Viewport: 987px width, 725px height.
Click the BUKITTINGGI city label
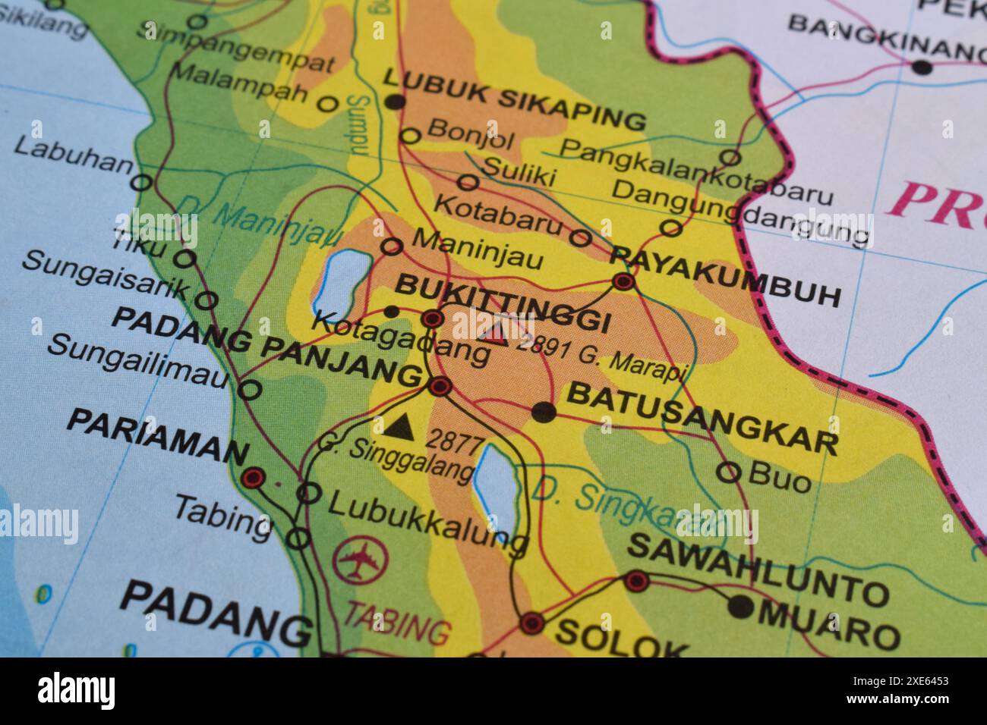click(503, 303)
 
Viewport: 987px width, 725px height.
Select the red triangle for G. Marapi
click(495, 334)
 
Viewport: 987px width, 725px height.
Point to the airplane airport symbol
click(360, 562)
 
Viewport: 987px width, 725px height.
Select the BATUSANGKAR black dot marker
click(544, 412)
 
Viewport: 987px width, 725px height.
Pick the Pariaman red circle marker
click(253, 478)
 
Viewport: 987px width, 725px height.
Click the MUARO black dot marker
click(741, 606)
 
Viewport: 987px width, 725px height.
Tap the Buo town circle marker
click(728, 472)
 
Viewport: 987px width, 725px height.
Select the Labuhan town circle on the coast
click(141, 183)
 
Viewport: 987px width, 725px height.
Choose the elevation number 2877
click(453, 439)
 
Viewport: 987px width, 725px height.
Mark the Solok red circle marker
click(531, 623)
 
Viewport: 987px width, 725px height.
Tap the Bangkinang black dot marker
click(921, 67)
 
